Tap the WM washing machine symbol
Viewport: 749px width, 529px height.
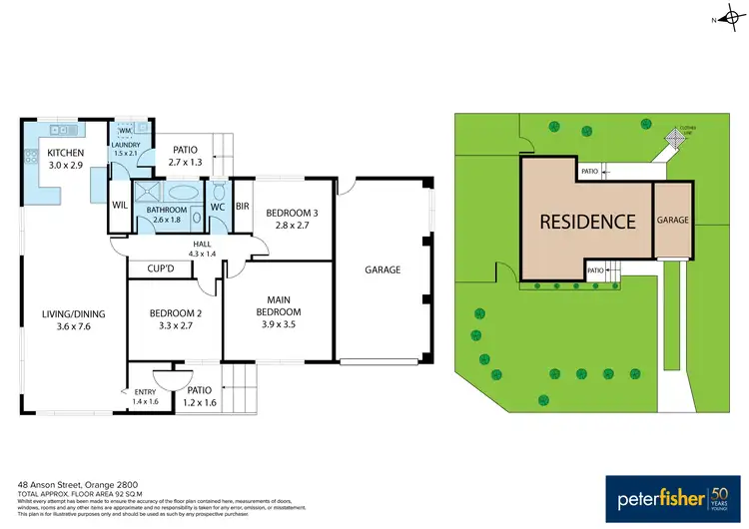[x=125, y=131]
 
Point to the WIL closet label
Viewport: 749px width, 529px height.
[x=119, y=206]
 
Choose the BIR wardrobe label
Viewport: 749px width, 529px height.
[x=242, y=207]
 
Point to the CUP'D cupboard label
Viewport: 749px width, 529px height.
[x=162, y=269]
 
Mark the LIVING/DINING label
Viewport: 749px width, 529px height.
[x=73, y=320]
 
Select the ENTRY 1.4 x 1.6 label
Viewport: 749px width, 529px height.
[x=146, y=397]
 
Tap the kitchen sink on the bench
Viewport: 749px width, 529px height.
[x=63, y=130]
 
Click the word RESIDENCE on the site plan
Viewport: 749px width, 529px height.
[x=587, y=222]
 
